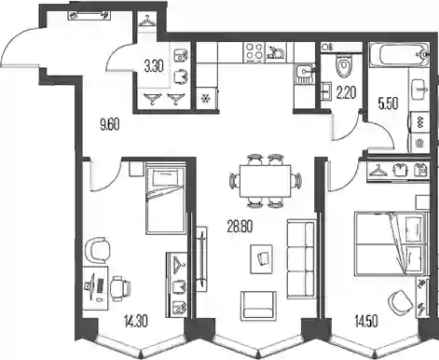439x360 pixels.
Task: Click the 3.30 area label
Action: (154, 66)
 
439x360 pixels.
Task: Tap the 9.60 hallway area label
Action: (110, 125)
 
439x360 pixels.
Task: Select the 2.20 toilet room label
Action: (346, 92)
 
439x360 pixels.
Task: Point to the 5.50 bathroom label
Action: (388, 104)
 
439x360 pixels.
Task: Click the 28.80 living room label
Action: (240, 227)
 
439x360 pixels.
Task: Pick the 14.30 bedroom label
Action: (135, 321)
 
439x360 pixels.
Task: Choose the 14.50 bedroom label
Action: (366, 322)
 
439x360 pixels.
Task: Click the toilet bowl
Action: (343, 65)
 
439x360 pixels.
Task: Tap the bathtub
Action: (399, 55)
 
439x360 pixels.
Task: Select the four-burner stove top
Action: (254, 51)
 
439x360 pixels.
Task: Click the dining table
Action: (266, 181)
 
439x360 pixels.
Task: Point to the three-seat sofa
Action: (301, 259)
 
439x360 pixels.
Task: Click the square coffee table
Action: (262, 259)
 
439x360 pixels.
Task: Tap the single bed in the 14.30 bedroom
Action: (165, 197)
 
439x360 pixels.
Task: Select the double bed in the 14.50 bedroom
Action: (391, 243)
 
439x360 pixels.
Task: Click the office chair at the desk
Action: (120, 289)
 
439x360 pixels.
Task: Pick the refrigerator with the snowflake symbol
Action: (207, 98)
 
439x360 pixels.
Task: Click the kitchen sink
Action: (304, 75)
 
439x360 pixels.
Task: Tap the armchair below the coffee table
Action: (258, 305)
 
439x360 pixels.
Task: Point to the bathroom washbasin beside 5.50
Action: (419, 90)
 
